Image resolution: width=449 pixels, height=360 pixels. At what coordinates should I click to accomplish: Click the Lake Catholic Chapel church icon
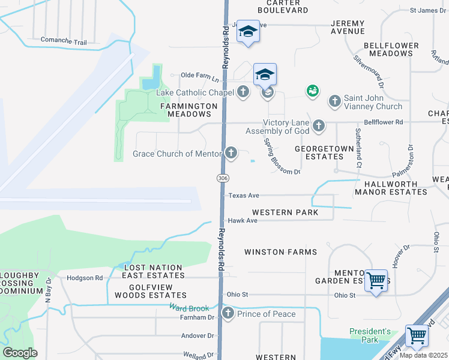tap(243, 92)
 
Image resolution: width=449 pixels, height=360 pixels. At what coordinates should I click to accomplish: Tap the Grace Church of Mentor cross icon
tap(231, 153)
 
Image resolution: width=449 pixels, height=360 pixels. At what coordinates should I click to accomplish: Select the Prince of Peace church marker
tap(228, 313)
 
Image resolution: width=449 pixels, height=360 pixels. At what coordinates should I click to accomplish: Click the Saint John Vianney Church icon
tap(335, 100)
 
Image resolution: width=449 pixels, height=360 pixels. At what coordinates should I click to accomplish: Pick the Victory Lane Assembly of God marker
tap(319, 125)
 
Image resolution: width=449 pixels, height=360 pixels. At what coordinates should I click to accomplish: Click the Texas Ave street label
tap(243, 196)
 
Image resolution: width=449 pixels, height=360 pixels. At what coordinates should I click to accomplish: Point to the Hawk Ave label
tap(243, 221)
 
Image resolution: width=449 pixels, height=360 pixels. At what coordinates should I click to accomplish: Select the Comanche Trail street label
tap(64, 41)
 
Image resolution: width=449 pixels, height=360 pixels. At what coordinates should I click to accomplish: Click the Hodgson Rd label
tap(85, 278)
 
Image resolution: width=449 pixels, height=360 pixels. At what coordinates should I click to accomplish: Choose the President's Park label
tap(371, 335)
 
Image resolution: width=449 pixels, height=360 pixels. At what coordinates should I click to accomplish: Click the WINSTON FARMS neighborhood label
tap(280, 252)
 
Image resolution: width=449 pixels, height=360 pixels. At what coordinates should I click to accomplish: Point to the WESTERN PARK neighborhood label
tap(285, 212)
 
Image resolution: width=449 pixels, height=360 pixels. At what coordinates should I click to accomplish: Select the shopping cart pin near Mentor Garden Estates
tap(376, 280)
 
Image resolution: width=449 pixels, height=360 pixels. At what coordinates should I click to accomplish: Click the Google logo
tap(20, 353)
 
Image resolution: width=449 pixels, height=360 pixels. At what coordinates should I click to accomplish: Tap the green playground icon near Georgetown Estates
tap(312, 91)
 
